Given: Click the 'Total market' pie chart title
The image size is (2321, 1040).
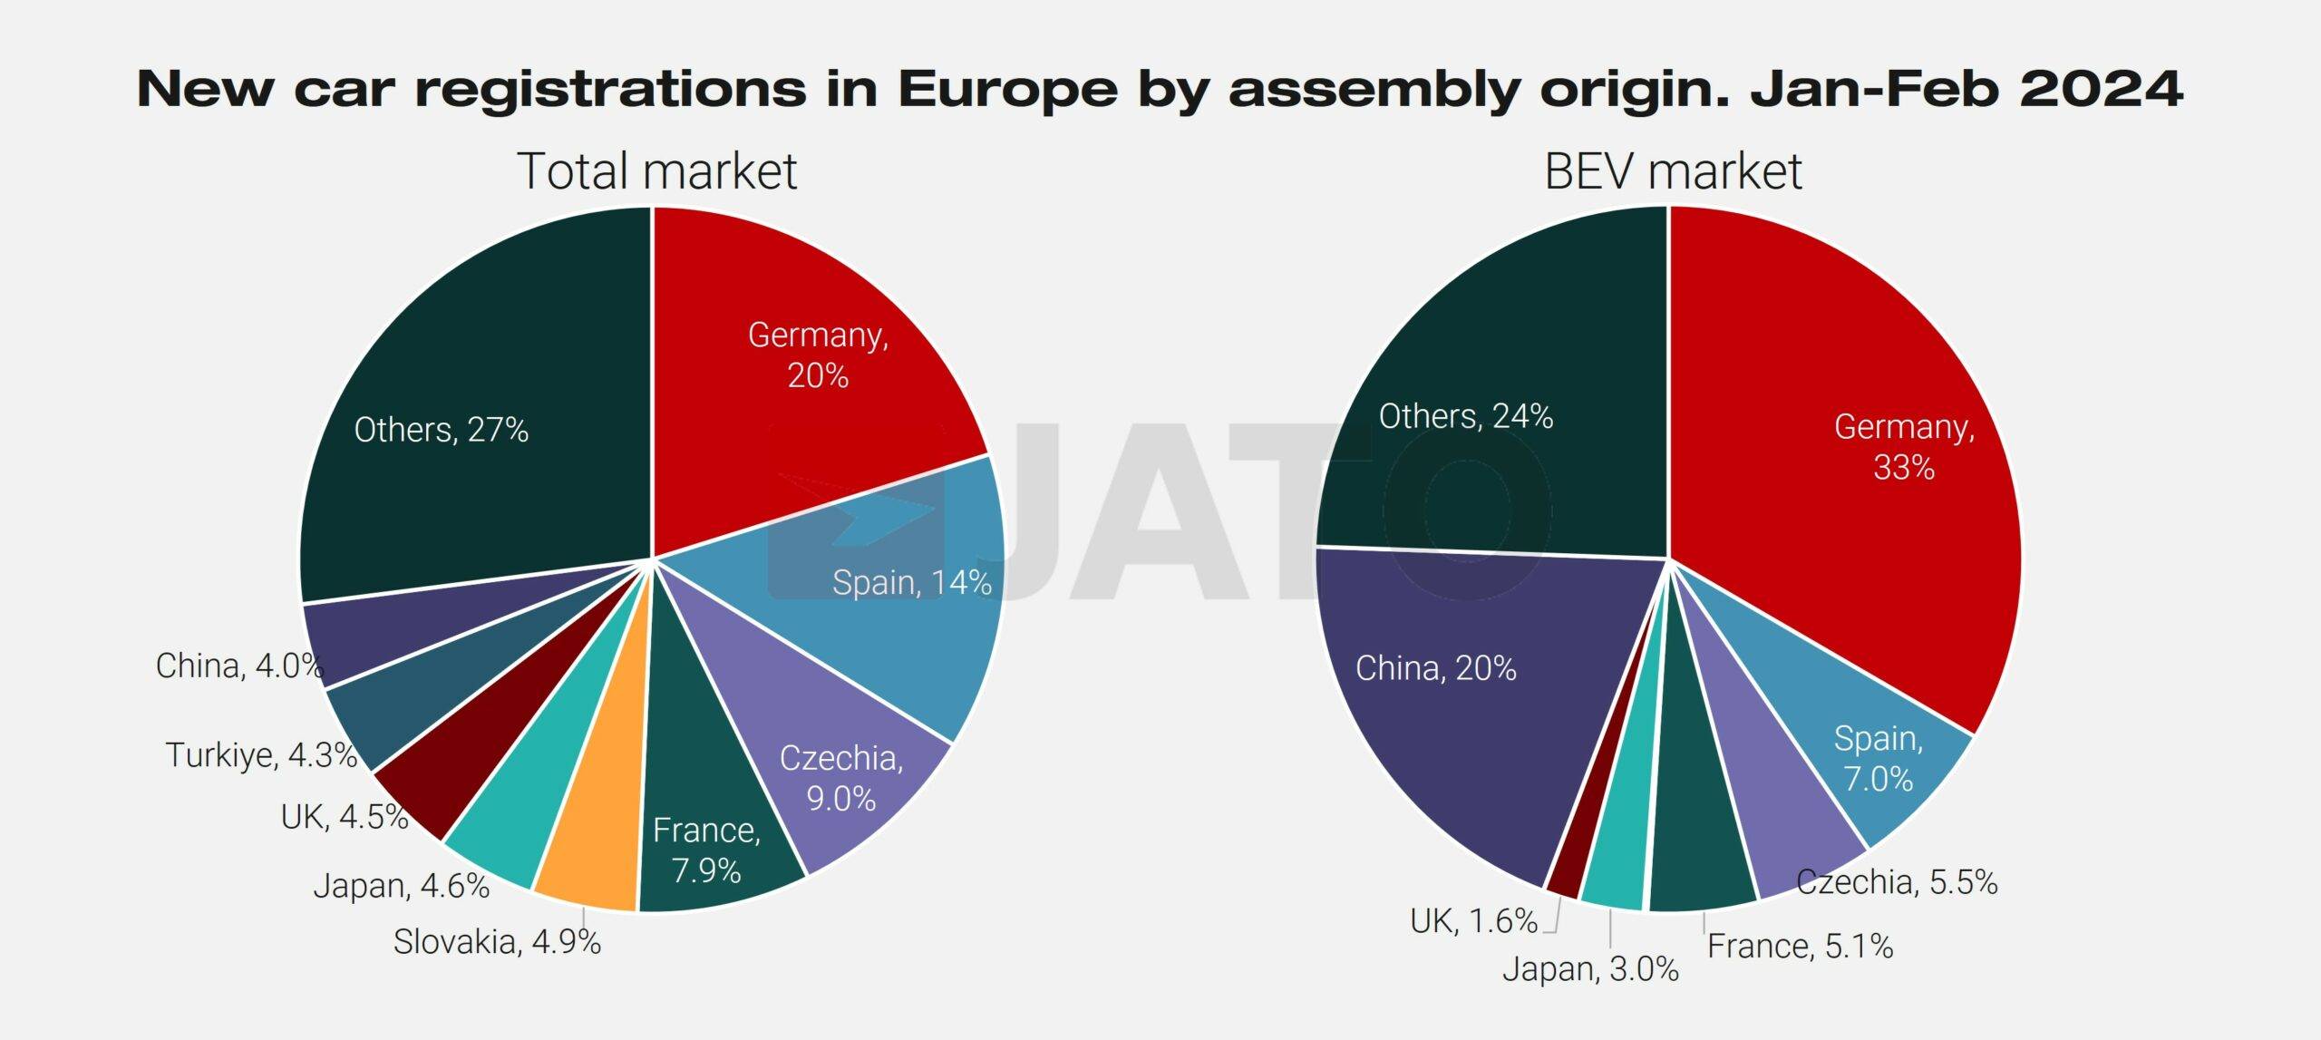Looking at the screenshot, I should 656,171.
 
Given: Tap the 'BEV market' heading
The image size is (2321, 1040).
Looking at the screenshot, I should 1673,171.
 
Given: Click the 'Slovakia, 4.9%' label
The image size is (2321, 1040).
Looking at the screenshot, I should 497,942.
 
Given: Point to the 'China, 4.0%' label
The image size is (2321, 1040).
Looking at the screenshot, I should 239,666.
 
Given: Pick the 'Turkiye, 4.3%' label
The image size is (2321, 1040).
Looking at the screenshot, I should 261,754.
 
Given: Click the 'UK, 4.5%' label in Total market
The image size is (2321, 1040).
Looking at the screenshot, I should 345,817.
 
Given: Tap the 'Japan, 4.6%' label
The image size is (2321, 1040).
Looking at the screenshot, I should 402,886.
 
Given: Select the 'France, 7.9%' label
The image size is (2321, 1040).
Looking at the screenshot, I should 706,850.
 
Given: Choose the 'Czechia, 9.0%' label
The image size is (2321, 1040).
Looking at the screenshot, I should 841,778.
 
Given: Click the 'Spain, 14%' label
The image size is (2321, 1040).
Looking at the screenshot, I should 911,582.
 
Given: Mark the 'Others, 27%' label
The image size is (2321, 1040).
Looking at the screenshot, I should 442,430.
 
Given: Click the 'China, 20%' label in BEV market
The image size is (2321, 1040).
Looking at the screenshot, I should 1436,668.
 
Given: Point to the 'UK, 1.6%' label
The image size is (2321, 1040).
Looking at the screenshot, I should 1473,921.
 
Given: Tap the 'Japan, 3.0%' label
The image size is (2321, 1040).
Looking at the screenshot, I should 1590,969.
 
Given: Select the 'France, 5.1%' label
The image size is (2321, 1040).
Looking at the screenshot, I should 1800,947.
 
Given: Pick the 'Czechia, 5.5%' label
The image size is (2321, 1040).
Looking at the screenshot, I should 1897,882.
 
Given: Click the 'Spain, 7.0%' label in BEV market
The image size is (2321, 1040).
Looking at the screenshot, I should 1879,758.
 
